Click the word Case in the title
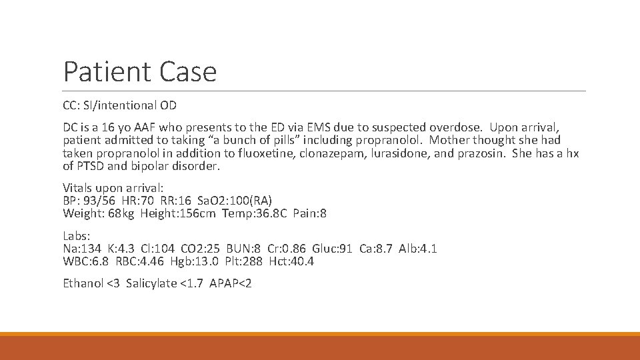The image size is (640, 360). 187,71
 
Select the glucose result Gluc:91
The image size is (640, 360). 333,249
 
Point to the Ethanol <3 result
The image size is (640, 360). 93,283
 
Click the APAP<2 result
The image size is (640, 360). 231,283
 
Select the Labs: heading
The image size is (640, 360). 77,236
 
